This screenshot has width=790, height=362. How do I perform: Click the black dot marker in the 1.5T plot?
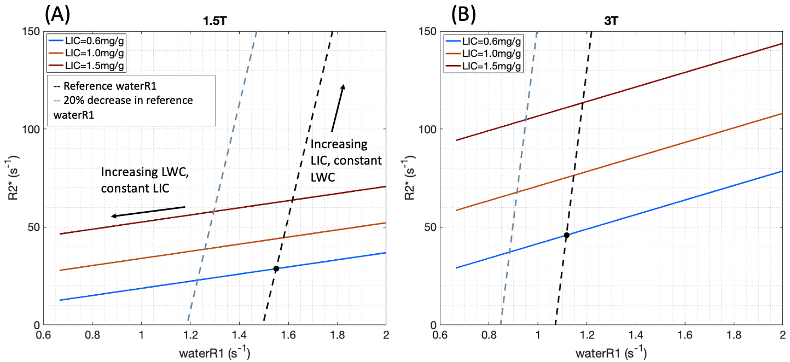[276, 268]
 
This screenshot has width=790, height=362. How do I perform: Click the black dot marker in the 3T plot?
[566, 235]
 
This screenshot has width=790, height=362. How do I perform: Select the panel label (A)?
[57, 15]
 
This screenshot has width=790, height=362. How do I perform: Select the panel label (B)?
[463, 15]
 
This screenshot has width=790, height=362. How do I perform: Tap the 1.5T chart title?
[215, 21]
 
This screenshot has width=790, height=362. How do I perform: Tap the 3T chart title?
[611, 21]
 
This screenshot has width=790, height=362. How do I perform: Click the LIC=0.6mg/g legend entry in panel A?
[87, 41]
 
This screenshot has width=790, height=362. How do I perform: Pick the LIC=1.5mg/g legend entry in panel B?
[483, 66]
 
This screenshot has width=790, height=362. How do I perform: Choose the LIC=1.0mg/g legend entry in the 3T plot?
[483, 54]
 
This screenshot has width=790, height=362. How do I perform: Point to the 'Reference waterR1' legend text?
[104, 86]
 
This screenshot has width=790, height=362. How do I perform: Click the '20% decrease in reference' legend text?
[123, 101]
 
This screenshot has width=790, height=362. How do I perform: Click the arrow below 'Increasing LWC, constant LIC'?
[148, 212]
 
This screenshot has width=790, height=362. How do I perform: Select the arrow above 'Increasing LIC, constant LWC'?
[338, 108]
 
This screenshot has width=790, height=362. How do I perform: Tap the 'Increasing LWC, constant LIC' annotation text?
[145, 180]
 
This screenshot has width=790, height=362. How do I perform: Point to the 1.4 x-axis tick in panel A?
[239, 335]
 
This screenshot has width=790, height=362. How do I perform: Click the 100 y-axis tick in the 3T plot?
[427, 130]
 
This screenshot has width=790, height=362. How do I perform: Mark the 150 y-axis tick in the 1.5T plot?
[31, 31]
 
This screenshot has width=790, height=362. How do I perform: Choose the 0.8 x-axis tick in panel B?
[489, 335]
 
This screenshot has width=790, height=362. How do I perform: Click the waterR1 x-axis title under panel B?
[611, 353]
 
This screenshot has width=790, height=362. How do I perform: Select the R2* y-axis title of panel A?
[13, 180]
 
